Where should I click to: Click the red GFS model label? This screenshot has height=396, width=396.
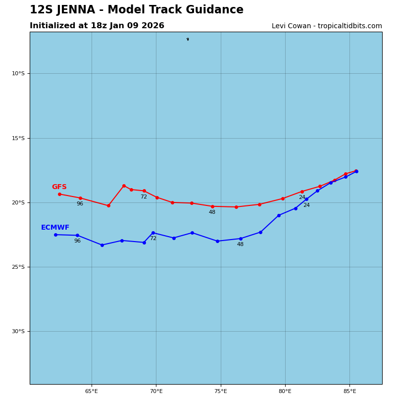click(x=59, y=187)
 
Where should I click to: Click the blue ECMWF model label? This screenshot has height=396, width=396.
click(x=55, y=228)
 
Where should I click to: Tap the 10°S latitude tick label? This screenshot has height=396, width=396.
click(x=18, y=74)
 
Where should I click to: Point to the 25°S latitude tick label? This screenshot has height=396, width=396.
click(x=18, y=267)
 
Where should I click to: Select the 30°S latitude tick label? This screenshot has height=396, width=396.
click(x=18, y=332)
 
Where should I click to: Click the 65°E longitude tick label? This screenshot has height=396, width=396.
click(x=92, y=392)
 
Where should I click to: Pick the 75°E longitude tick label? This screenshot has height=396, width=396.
click(x=221, y=392)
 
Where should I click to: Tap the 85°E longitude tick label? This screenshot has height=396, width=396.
click(x=349, y=392)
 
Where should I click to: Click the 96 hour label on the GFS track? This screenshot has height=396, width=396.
click(x=80, y=204)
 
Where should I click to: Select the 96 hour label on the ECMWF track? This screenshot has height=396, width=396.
click(x=77, y=241)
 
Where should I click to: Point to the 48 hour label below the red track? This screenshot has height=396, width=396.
click(x=212, y=212)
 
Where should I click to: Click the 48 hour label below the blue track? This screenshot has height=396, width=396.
click(x=240, y=245)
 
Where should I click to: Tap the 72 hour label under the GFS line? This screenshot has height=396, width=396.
click(x=144, y=197)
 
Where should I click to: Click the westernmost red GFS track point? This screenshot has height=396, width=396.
click(x=59, y=194)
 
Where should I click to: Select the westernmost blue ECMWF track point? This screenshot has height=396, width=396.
click(x=55, y=235)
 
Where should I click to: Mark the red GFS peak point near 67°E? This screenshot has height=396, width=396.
click(x=124, y=186)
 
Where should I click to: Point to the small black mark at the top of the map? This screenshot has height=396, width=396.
click(x=188, y=39)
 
